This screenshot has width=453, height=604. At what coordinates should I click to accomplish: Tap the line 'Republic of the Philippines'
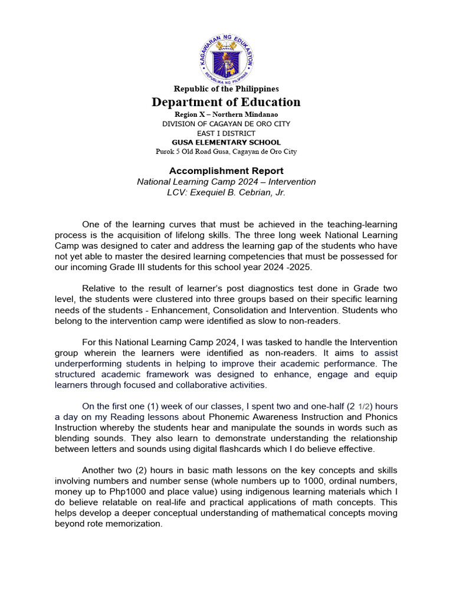click(x=226, y=88)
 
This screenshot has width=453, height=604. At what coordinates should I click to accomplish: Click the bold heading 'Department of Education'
click(x=226, y=102)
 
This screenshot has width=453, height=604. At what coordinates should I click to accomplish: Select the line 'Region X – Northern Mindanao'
click(x=226, y=114)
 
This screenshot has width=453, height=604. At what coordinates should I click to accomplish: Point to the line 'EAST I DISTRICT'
click(x=226, y=133)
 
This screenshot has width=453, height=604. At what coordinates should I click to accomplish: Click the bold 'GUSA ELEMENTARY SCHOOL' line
click(x=226, y=142)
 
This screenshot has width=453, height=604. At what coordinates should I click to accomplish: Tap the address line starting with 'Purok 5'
click(x=226, y=152)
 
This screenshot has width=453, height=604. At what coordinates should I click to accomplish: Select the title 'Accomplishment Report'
click(x=226, y=171)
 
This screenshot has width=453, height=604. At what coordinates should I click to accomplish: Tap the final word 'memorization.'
click(x=134, y=523)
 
